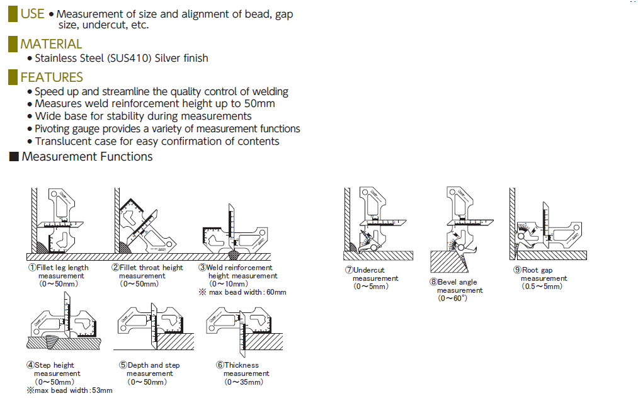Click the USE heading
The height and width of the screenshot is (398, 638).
coord(32,14)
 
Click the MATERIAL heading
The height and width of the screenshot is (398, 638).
coord(51,44)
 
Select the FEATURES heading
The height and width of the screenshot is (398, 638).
coord(52,77)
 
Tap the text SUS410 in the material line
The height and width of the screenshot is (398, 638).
coord(129,58)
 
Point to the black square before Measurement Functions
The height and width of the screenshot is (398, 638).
coord(13,157)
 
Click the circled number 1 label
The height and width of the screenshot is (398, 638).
coord(31,268)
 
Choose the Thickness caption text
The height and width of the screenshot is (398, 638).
coord(241,365)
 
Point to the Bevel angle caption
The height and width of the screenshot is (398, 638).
coord(457,282)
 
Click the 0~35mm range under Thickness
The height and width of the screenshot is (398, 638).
coord(245,382)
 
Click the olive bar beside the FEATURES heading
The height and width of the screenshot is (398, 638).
coord(13,77)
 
